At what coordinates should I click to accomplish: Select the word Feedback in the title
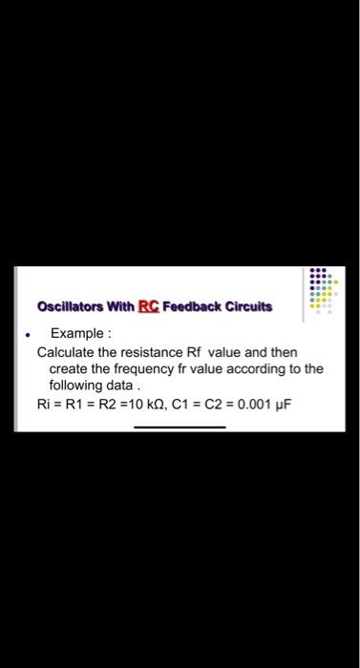pyautogui.click(x=193, y=307)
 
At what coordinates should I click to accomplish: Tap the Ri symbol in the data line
pyautogui.click(x=43, y=404)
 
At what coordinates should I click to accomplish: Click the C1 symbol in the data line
pyautogui.click(x=181, y=404)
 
